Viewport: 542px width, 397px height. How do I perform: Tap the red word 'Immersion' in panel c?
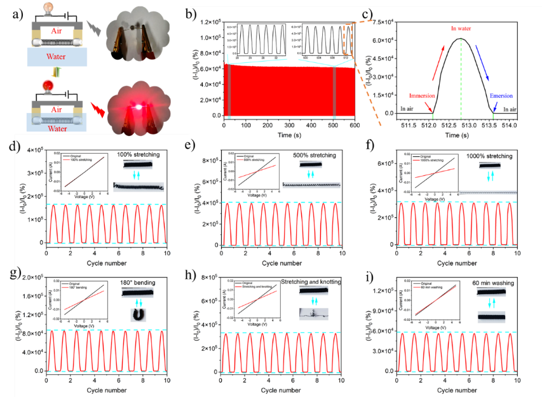(421, 95)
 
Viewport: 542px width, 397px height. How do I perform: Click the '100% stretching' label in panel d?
(139, 154)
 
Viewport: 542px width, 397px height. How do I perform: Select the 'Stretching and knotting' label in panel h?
(311, 281)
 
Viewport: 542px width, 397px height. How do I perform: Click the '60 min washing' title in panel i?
(494, 283)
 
